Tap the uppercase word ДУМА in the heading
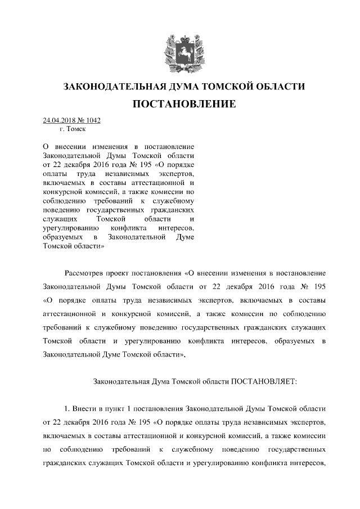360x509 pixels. pyautogui.click(x=187, y=87)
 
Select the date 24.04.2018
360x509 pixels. pyautogui.click(x=59, y=120)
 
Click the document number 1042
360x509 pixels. pyautogui.click(x=93, y=120)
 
